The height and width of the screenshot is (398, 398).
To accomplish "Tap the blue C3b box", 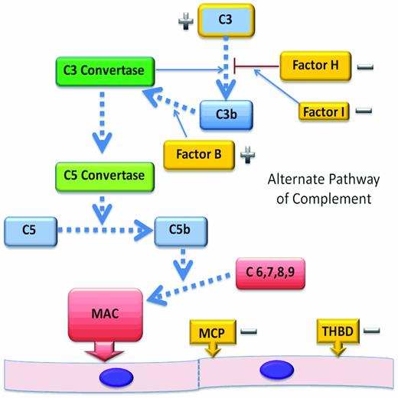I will [226, 115].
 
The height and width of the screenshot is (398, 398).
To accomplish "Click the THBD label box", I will [337, 332].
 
